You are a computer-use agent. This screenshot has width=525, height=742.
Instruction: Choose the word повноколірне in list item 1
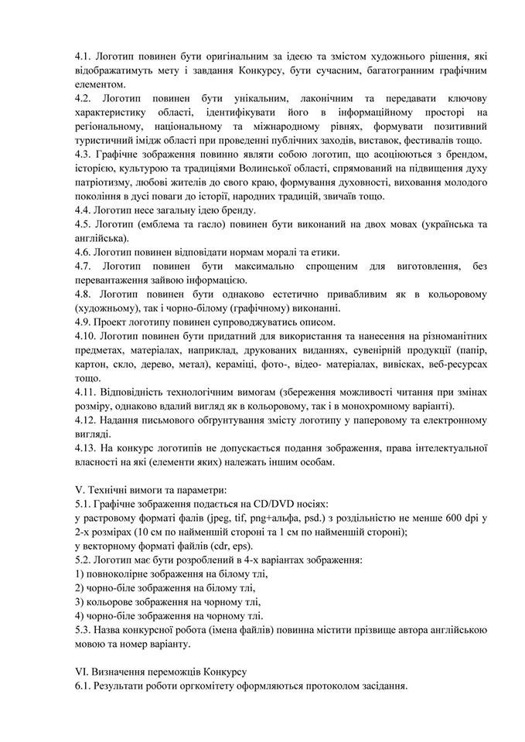tap(124, 574)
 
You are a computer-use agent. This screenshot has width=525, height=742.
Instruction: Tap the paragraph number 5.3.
tap(84, 630)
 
